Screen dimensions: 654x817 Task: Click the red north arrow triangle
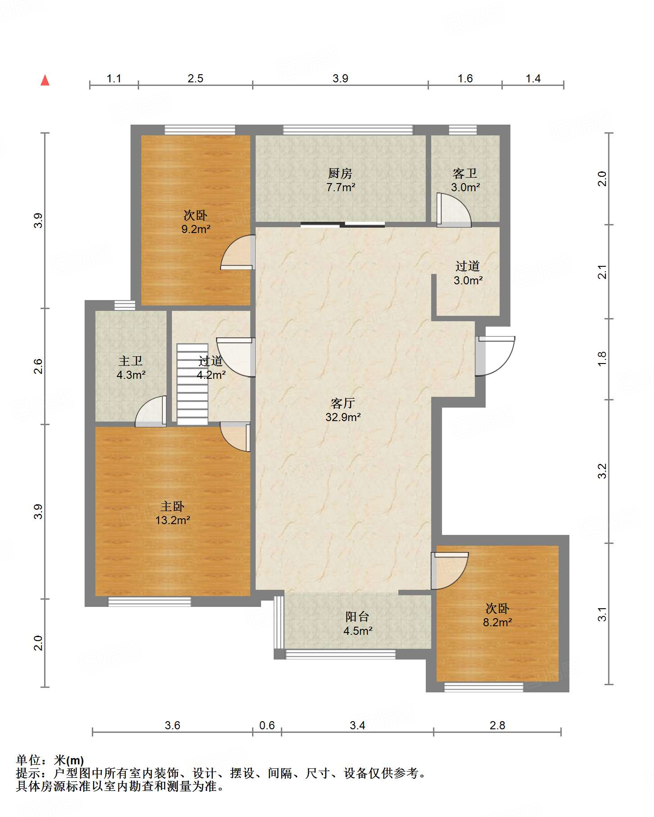[45, 80]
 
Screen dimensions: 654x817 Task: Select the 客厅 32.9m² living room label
[343, 410]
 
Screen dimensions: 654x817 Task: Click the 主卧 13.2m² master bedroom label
[172, 513]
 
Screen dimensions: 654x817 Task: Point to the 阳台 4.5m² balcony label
[357, 624]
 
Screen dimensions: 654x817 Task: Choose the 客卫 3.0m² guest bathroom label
[465, 180]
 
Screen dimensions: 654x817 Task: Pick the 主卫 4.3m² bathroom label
[131, 368]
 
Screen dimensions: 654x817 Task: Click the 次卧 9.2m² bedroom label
[196, 222]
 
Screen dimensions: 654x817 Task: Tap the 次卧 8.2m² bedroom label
[497, 615]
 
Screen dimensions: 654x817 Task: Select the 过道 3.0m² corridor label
[468, 273]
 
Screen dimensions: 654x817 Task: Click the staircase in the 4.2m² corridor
[192, 384]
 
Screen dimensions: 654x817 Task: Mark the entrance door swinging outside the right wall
[495, 356]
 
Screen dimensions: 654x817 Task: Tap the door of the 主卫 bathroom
[151, 411]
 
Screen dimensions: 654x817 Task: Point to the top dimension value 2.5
[195, 78]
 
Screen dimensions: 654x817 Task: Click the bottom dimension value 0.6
[267, 725]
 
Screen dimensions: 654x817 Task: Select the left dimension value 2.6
[38, 366]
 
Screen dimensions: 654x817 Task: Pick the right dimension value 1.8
[602, 359]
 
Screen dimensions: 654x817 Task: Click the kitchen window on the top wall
[347, 130]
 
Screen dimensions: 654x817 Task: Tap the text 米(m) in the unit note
[69, 760]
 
